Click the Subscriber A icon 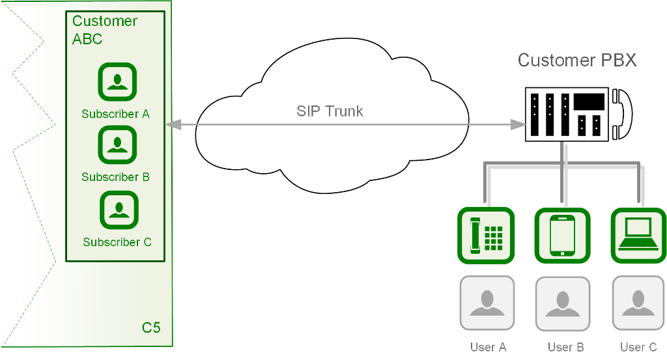[117, 81]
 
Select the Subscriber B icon [117, 145]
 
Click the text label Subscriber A [115, 114]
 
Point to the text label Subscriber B [115, 177]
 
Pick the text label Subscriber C [117, 242]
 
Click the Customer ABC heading [104, 30]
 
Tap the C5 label [151, 327]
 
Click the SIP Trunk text [330, 111]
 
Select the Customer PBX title [577, 61]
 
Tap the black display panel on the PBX [589, 102]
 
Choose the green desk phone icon [486, 236]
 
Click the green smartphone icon [562, 236]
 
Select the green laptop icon [638, 236]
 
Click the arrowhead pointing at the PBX [518, 123]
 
